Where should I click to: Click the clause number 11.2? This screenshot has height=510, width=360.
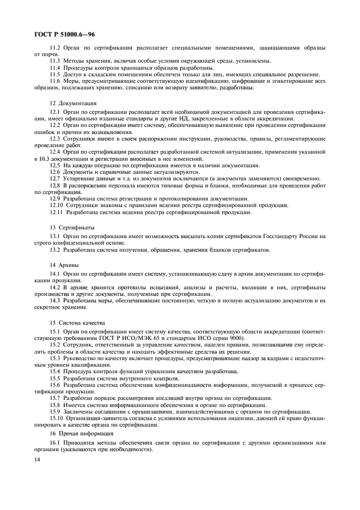pyautogui.click(x=55, y=48)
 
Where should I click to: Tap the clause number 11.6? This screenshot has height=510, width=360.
pyautogui.click(x=55, y=81)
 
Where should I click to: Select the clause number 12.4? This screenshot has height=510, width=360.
pyautogui.click(x=55, y=151)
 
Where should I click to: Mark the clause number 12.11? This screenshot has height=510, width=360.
pyautogui.click(x=57, y=212)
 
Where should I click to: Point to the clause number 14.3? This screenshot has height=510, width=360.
pyautogui.click(x=55, y=301)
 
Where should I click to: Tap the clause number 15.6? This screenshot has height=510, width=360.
pyautogui.click(x=55, y=384)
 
